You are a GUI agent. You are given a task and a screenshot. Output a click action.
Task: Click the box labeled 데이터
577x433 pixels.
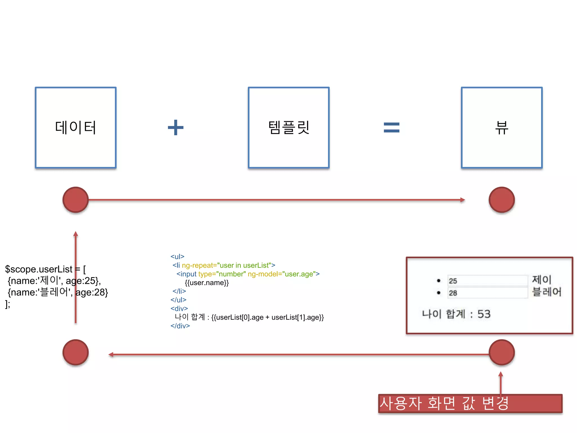click(76, 128)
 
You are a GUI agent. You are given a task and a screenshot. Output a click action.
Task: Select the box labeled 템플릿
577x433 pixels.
click(288, 128)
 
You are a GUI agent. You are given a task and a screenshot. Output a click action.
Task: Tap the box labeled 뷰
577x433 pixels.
click(501, 128)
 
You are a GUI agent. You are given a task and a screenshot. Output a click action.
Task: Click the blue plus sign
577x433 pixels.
click(176, 127)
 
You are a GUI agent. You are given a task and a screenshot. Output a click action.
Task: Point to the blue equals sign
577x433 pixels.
click(391, 127)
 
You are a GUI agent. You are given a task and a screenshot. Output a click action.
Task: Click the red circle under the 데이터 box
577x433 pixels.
click(76, 200)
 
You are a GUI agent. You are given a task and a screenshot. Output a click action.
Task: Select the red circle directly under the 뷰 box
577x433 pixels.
click(501, 200)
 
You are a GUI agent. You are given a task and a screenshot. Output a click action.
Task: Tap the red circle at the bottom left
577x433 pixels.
click(76, 352)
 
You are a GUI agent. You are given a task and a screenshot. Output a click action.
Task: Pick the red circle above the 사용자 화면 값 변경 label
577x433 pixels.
click(501, 352)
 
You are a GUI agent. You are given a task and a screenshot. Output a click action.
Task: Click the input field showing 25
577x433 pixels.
click(487, 281)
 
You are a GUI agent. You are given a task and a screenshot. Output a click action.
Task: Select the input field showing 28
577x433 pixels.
click(487, 293)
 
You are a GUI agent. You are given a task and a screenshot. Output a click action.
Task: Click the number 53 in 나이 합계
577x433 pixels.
click(484, 314)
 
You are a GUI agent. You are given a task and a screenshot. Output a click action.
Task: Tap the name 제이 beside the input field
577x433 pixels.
click(541, 280)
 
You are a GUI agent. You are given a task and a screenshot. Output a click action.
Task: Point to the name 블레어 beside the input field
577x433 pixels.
click(546, 292)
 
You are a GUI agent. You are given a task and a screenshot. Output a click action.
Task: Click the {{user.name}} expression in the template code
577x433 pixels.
click(207, 282)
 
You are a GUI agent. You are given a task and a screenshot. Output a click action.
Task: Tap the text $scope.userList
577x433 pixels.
click(39, 269)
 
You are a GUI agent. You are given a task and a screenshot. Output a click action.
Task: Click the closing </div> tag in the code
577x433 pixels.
click(180, 326)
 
